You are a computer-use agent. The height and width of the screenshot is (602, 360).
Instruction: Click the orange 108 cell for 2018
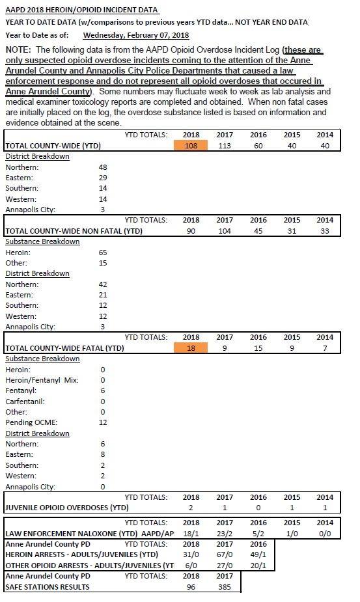click(191, 145)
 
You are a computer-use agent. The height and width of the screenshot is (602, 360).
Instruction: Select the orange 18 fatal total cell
click(191, 348)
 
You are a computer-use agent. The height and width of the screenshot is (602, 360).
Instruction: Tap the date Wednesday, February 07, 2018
click(136, 35)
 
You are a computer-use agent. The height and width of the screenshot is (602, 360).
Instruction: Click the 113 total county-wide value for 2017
click(225, 146)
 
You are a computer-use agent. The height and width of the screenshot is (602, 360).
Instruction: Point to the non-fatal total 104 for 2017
click(225, 231)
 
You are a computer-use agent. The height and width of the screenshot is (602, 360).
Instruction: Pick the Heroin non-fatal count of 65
click(103, 253)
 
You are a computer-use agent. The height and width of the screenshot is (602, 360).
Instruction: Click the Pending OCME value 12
click(103, 422)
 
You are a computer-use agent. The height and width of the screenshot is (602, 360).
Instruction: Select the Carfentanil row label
click(25, 401)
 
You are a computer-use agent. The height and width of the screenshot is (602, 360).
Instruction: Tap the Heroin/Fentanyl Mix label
click(42, 380)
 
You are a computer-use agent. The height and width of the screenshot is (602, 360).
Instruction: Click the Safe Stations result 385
click(225, 586)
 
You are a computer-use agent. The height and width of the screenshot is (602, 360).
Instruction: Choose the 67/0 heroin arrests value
click(225, 554)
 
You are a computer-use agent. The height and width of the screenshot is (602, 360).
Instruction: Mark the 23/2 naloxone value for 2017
click(225, 533)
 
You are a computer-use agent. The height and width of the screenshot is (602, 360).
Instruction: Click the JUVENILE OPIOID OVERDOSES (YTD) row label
click(67, 507)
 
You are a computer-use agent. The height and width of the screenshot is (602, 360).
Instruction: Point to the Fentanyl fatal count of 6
click(103, 390)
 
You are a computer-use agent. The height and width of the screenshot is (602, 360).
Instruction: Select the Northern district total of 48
click(103, 167)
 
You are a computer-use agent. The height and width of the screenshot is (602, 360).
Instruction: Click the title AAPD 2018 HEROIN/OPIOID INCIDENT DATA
click(81, 10)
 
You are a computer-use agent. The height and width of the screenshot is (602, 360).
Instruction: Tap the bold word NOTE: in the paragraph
click(18, 49)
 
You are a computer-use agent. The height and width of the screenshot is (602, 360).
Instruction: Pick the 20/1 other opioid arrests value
click(258, 565)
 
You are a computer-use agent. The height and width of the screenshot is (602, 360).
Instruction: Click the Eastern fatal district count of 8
click(103, 454)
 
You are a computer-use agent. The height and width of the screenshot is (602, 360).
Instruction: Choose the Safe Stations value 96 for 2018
click(191, 586)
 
